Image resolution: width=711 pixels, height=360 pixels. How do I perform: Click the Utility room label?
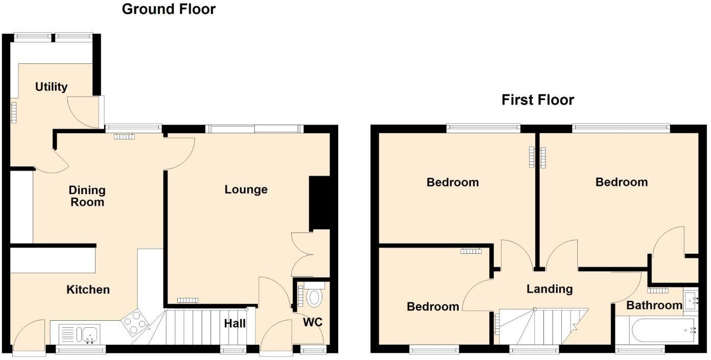tap(51, 87)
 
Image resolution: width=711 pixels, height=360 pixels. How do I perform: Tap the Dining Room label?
tap(87, 196)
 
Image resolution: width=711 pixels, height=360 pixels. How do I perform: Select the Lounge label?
tap(246, 189)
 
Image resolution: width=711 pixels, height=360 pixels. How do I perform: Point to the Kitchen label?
tap(88, 290)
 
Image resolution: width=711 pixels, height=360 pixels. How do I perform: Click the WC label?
tap(312, 323)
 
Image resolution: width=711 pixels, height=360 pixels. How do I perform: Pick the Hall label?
tap(235, 323)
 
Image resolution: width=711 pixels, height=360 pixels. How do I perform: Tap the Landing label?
tap(550, 289)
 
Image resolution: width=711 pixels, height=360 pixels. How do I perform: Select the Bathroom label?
tap(654, 305)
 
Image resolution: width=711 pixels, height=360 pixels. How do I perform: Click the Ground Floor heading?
tap(169, 9)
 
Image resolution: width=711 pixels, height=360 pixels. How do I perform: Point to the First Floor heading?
tap(538, 100)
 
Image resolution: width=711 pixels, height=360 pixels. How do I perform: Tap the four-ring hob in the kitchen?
tap(134, 323)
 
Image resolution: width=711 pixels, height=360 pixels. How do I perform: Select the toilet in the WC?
tap(314, 296)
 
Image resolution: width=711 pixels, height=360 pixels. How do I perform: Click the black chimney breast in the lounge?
tap(320, 203)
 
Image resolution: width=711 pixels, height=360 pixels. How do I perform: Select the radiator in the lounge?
tap(187, 300)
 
